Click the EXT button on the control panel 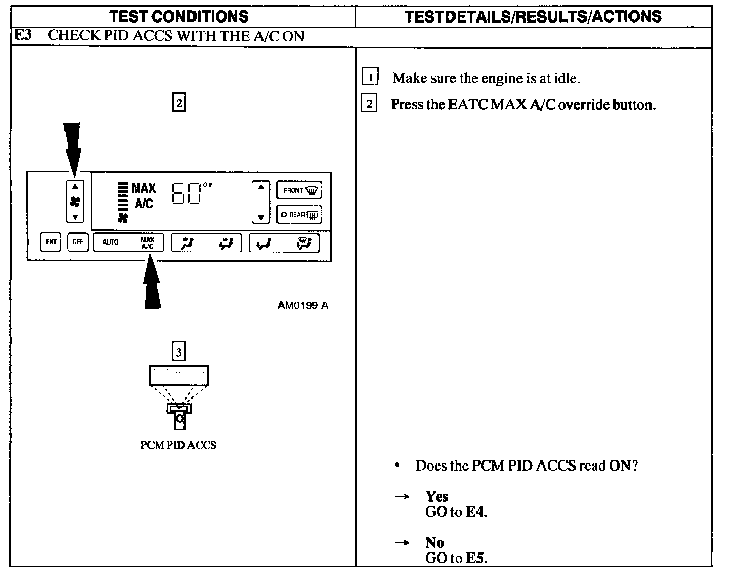(51, 242)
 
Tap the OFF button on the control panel (77, 242)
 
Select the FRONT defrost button (299, 190)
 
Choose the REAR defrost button (299, 215)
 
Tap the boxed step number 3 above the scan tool (178, 352)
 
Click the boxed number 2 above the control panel (179, 103)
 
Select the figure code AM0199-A (303, 306)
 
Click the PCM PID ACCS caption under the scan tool (178, 445)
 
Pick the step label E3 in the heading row (23, 36)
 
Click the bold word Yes (437, 497)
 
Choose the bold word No (435, 543)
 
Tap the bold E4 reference (475, 512)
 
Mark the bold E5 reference (475, 558)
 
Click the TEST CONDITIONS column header (179, 16)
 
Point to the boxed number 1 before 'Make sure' (370, 77)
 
